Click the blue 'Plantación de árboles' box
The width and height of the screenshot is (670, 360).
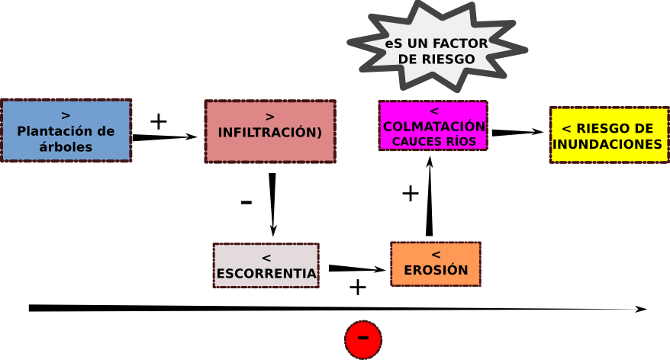[66, 130]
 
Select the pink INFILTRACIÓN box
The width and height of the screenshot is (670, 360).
[269, 131]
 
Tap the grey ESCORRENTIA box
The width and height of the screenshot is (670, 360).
[266, 265]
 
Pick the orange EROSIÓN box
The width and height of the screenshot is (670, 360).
[435, 264]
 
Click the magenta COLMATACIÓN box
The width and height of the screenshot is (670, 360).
[433, 125]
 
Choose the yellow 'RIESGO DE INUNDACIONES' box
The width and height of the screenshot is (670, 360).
[607, 134]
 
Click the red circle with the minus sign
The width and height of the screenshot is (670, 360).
[363, 339]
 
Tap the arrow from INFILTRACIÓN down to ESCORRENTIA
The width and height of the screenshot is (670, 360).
[272, 204]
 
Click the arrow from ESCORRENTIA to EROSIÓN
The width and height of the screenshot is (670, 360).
[357, 268]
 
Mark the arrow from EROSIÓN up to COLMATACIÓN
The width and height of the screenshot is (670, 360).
[430, 197]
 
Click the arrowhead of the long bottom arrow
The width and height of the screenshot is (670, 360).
[642, 310]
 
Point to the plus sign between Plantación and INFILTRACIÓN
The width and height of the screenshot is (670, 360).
[158, 121]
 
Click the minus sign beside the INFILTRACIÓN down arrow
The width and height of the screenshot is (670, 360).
[246, 203]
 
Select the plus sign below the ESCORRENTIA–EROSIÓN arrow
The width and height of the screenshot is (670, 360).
[357, 288]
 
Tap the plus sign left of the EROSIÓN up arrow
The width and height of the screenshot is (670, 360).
[410, 194]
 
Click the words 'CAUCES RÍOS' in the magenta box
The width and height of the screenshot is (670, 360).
[433, 141]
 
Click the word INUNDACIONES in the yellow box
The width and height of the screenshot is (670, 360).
[607, 143]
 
